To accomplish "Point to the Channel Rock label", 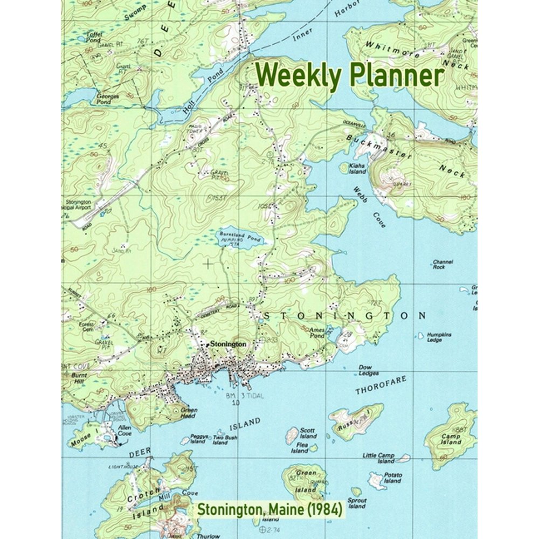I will pos(443,264).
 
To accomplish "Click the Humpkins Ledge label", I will pos(439,337).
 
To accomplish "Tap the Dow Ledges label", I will pos(369,370).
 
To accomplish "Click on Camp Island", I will pos(451,439).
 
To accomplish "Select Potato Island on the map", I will pos(377,479).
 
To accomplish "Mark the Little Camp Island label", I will pos(378,458).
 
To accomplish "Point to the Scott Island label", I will pos(308,433).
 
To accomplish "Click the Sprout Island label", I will pos(357,503).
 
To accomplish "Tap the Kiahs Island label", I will pos(357,169).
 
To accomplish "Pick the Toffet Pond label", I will pos(93,37).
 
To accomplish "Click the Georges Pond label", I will pos(104,99).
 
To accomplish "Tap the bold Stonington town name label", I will pos(228,343).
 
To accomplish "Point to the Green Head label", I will pos(189,412).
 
